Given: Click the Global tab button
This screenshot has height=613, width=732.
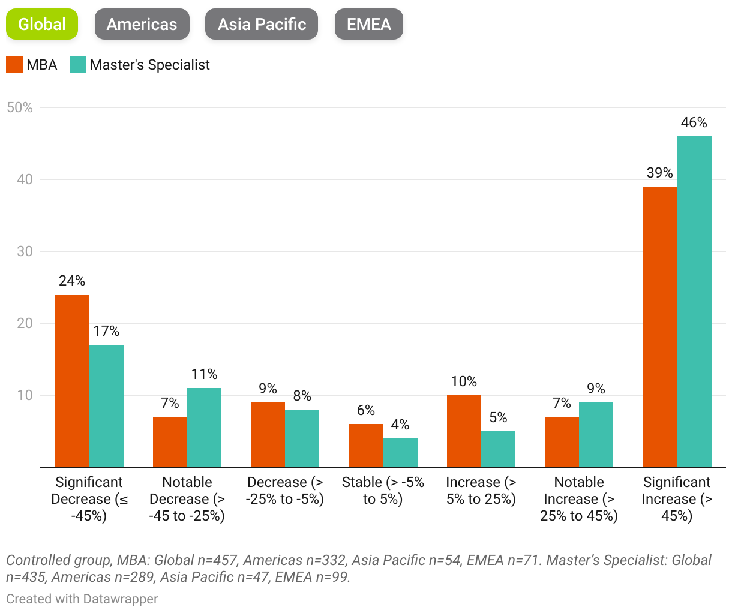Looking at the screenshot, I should (x=42, y=25).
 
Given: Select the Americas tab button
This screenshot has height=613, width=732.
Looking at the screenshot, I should (x=142, y=25).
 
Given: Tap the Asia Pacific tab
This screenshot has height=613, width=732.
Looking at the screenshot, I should (x=262, y=25).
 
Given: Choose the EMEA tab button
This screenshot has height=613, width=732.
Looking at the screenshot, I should (x=368, y=25).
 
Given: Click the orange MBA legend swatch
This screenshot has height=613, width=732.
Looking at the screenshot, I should (x=14, y=65).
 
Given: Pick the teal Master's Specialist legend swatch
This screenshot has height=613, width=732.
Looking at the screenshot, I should (x=78, y=65).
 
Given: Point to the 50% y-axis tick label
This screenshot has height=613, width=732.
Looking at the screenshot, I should (x=20, y=107).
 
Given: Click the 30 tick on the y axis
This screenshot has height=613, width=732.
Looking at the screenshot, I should (x=25, y=251).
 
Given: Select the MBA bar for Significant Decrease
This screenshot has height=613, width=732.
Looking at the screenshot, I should (x=72, y=380).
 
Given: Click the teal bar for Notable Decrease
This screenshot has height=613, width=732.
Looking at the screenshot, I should (x=204, y=427).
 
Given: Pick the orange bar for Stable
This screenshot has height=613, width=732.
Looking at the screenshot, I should (x=366, y=445).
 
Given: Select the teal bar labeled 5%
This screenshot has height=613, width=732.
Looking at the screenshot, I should (x=498, y=449).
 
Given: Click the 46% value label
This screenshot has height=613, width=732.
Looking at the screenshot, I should (x=694, y=123).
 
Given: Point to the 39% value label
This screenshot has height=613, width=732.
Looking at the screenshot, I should (x=659, y=173).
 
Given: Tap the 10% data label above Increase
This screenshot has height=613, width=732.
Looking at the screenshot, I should (x=464, y=382).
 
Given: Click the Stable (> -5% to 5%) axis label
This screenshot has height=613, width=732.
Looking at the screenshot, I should (x=383, y=491).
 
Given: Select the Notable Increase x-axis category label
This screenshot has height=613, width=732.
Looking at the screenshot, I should (x=579, y=499).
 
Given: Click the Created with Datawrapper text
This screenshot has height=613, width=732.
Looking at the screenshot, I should (x=82, y=599).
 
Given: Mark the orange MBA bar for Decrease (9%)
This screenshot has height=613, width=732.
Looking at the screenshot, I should (x=268, y=434).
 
